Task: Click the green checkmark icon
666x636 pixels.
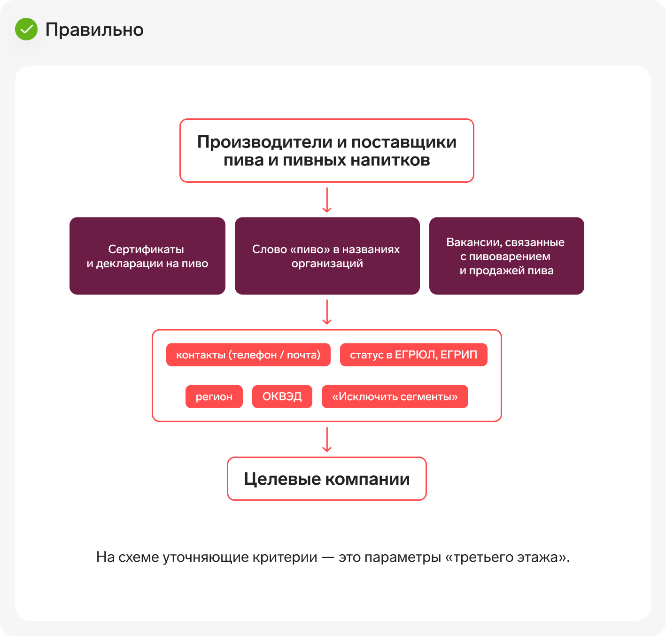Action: click(x=26, y=29)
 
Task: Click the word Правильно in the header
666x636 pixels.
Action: click(x=94, y=30)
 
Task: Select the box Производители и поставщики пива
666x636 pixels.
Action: click(x=327, y=151)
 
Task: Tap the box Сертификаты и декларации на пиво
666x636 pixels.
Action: click(x=147, y=256)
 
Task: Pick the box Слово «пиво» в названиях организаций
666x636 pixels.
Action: click(x=327, y=256)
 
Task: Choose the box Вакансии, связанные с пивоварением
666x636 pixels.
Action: click(x=506, y=256)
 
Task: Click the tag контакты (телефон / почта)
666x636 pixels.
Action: click(x=248, y=355)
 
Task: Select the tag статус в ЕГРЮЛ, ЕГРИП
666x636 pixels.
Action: click(x=413, y=355)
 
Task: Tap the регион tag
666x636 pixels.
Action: click(x=214, y=396)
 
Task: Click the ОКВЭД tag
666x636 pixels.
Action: click(x=282, y=396)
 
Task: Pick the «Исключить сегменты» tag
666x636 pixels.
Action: click(x=395, y=396)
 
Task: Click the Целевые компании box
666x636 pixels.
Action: click(x=327, y=479)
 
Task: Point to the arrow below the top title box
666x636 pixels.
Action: click(x=327, y=200)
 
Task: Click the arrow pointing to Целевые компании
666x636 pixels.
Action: click(x=327, y=440)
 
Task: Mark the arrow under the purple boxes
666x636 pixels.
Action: click(x=327, y=312)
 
